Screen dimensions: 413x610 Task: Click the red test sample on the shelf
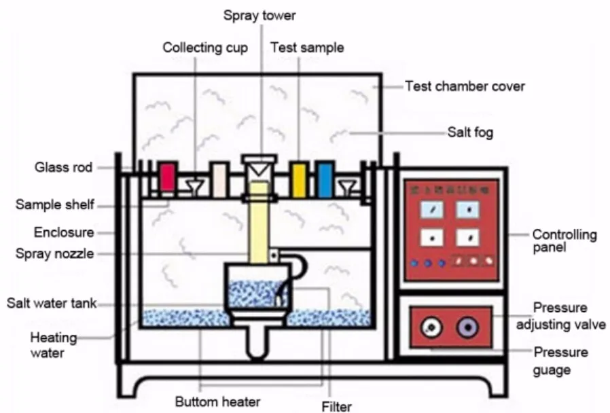tap(168, 178)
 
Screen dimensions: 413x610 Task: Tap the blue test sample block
tap(325, 179)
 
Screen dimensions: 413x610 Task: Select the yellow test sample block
tap(299, 179)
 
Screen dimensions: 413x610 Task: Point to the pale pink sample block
tap(218, 180)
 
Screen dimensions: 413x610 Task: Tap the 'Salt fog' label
tap(470, 132)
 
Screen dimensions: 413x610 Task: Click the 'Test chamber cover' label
tap(465, 86)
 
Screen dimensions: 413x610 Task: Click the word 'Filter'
tap(336, 406)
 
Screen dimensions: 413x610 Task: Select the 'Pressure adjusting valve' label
tap(560, 317)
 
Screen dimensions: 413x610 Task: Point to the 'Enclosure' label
tap(64, 233)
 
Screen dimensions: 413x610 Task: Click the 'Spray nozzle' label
tap(55, 253)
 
